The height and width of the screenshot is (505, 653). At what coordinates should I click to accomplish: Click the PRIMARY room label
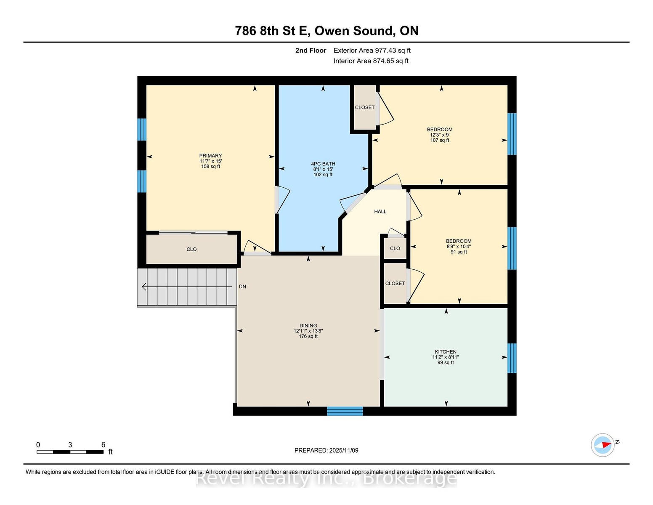point(210,156)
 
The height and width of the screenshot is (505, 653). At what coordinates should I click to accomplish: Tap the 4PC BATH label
point(323,164)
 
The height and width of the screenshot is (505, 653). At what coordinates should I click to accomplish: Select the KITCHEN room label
point(445,352)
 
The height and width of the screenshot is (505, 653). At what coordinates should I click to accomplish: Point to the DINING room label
point(308,325)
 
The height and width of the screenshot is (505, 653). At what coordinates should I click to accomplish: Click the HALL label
point(380,212)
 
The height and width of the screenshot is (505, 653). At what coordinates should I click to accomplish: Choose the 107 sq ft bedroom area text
point(440,140)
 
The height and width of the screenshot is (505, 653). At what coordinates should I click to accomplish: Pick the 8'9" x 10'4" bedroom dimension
point(459,246)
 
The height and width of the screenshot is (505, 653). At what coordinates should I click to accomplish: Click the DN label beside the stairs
point(242,287)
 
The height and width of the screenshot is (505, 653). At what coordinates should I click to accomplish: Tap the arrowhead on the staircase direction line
point(144,287)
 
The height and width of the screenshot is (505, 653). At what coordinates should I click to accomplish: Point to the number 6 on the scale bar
point(104,445)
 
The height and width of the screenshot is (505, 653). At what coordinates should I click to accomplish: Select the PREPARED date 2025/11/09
point(344,450)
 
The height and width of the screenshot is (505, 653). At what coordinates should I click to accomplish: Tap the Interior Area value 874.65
point(383,61)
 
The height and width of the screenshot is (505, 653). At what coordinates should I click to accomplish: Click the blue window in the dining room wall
point(345,411)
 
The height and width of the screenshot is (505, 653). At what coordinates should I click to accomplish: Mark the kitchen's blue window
point(512,358)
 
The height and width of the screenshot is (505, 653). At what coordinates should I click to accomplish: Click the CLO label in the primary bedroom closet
point(191,250)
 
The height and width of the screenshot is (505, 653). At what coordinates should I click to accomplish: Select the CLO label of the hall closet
point(395,248)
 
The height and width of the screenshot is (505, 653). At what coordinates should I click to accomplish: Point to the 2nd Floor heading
point(311,50)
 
